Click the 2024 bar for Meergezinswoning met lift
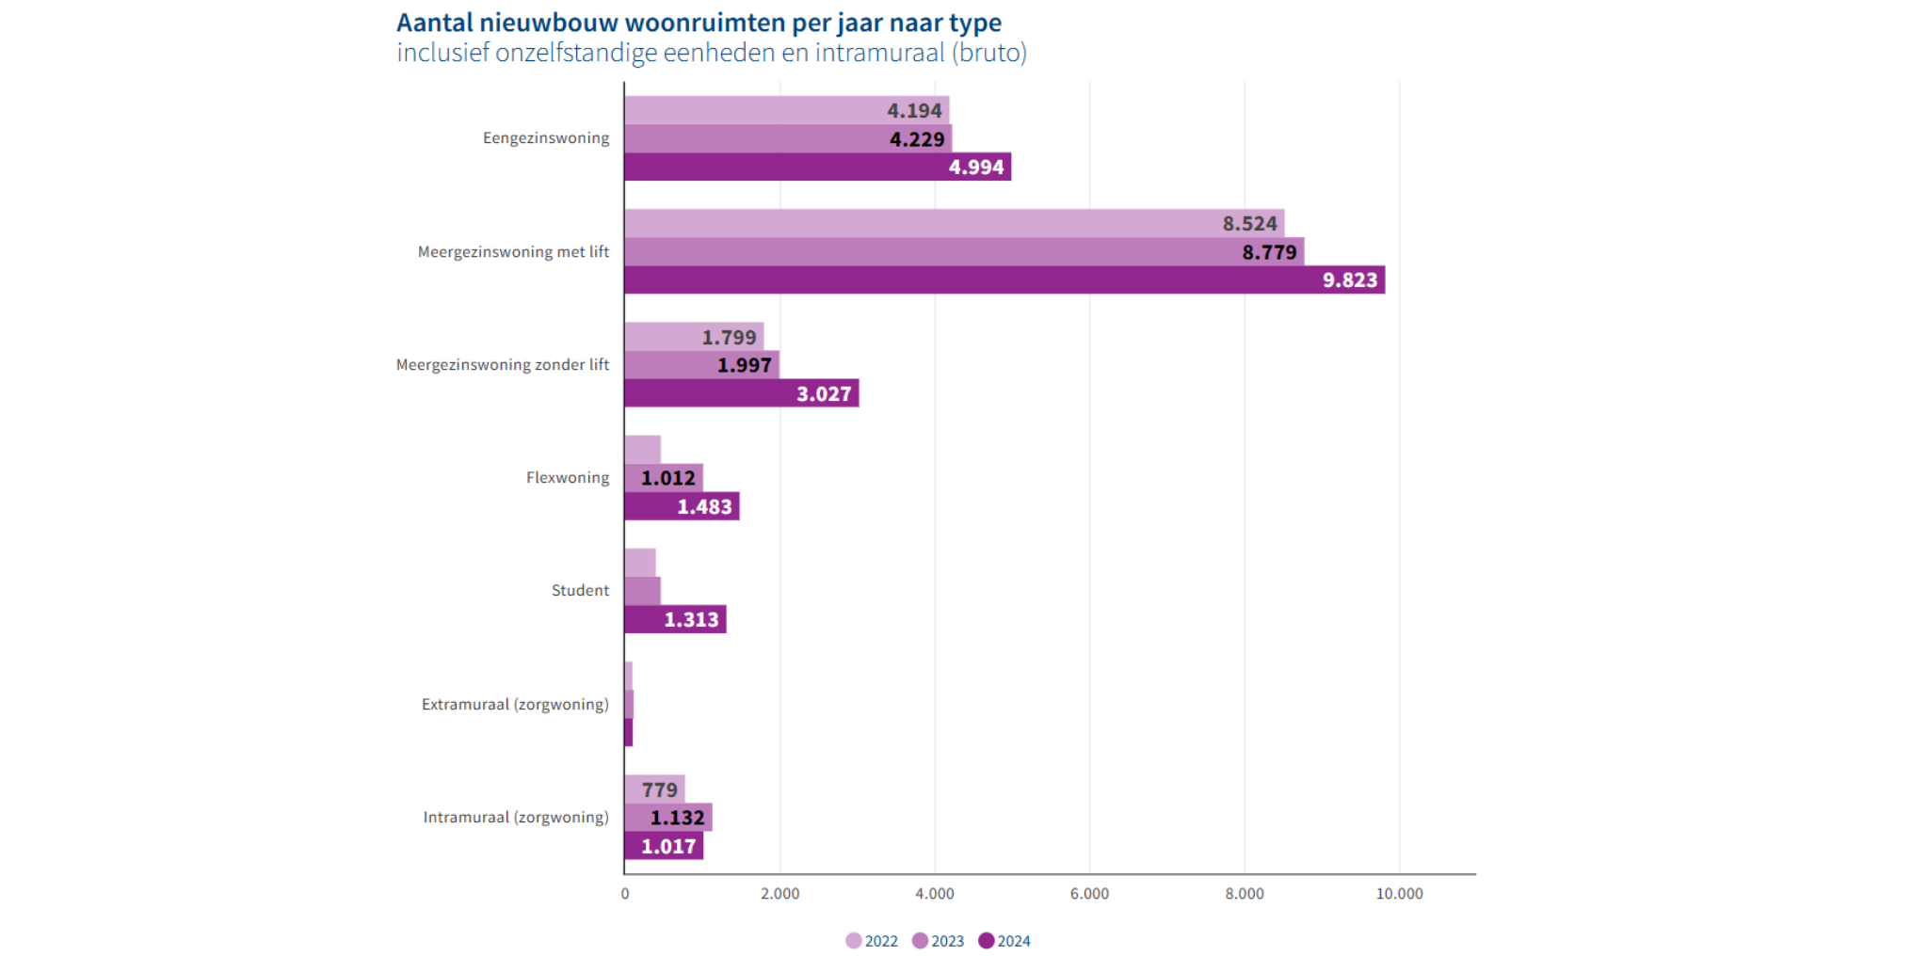1004,279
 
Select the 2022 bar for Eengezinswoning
786,110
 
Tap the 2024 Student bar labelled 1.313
675,619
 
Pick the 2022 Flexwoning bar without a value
642,450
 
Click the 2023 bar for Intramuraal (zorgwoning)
667,817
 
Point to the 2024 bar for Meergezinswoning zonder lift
741,393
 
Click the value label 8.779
1268,252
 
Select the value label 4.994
975,167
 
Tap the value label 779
659,789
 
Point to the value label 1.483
704,507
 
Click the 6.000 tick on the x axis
1089,894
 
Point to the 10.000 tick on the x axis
1399,894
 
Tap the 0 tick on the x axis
625,894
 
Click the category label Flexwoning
567,478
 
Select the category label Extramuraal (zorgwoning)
515,704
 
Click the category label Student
580,591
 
